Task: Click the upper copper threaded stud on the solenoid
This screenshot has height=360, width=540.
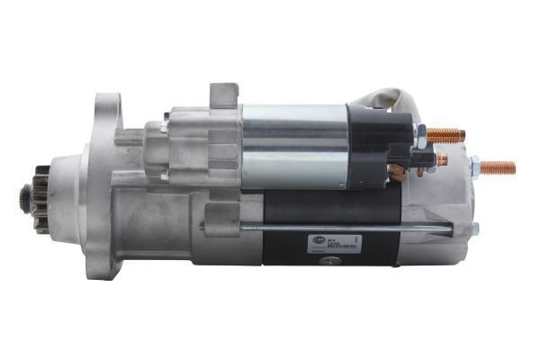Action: click(446, 136)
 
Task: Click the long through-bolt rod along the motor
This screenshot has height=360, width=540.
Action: click(351, 227)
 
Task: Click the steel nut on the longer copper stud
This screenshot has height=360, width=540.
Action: click(473, 166)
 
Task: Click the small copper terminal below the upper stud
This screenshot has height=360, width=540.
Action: click(440, 160)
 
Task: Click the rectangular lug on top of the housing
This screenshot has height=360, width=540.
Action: click(224, 94)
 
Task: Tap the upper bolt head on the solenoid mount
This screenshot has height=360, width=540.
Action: click(166, 116)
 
